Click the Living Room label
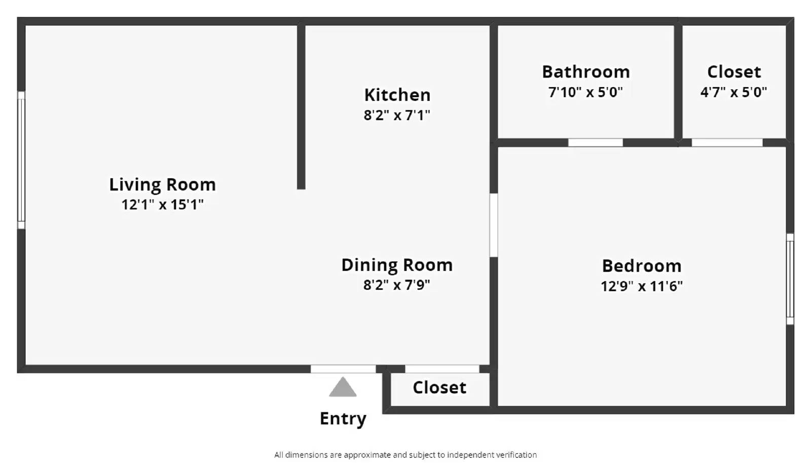tap(162, 184)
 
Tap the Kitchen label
tap(397, 95)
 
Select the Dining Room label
tap(396, 265)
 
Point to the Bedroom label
tap(641, 266)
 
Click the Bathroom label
tap(585, 72)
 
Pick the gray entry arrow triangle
tap(343, 388)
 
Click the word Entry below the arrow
tap(343, 418)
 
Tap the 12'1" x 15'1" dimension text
tap(162, 205)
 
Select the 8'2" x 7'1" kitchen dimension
tap(396, 115)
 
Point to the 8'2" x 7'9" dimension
tap(396, 285)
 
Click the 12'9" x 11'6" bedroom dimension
tap(641, 286)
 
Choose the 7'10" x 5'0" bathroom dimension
tap(585, 92)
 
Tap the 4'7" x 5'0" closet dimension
tap(733, 92)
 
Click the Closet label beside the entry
tap(439, 388)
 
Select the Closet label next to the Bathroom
tap(733, 72)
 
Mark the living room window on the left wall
tap(21, 160)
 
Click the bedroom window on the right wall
tap(790, 279)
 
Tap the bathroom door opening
tap(595, 143)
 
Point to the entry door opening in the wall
tap(343, 369)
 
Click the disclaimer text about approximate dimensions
tap(405, 455)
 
